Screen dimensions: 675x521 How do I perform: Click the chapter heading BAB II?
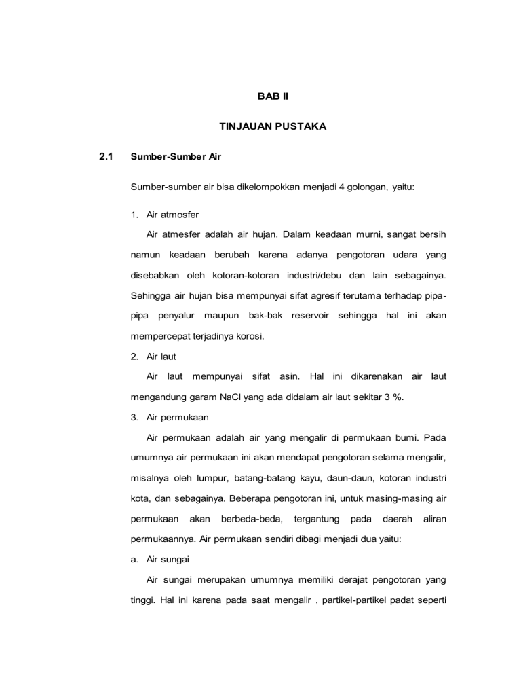pyautogui.click(x=273, y=98)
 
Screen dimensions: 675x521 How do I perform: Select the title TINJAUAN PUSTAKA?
pyautogui.click(x=273, y=126)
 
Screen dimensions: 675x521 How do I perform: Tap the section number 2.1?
pyautogui.click(x=105, y=156)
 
